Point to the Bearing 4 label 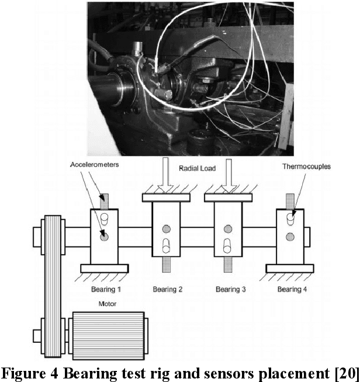point(292,289)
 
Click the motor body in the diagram point(108,330)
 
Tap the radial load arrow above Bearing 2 point(167,178)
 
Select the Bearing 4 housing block point(290,236)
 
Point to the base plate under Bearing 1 point(104,268)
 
